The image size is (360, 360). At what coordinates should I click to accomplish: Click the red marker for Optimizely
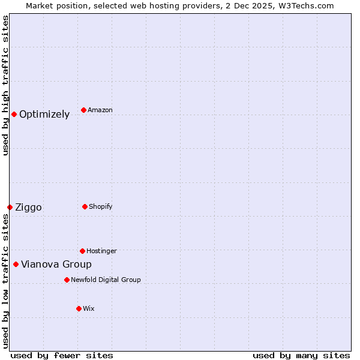pyautogui.click(x=14, y=114)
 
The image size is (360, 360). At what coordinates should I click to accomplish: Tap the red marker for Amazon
pyautogui.click(x=83, y=110)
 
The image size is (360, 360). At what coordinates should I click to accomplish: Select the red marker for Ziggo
pyautogui.click(x=10, y=207)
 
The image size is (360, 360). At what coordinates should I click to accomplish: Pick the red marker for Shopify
pyautogui.click(x=85, y=206)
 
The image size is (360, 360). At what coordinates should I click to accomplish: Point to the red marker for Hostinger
pyautogui.click(x=82, y=251)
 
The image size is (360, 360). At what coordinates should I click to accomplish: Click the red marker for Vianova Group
pyautogui.click(x=16, y=264)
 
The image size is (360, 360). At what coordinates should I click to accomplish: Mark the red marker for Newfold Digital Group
pyautogui.click(x=67, y=280)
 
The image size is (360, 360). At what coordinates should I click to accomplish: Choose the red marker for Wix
pyautogui.click(x=79, y=308)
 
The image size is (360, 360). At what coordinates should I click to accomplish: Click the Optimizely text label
pyautogui.click(x=44, y=115)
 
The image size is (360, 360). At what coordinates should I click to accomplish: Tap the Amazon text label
pyautogui.click(x=100, y=110)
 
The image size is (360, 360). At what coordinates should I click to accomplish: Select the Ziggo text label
pyautogui.click(x=28, y=208)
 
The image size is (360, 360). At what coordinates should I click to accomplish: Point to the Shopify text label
pyautogui.click(x=101, y=207)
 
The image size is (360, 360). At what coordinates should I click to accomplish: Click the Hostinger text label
pyautogui.click(x=101, y=251)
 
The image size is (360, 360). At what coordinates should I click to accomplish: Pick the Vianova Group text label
pyautogui.click(x=56, y=265)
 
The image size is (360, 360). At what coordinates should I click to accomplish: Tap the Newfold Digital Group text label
pyautogui.click(x=106, y=280)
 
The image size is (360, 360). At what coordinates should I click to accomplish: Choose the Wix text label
pyautogui.click(x=89, y=309)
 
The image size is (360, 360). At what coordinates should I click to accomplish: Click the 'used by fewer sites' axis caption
pyautogui.click(x=62, y=355)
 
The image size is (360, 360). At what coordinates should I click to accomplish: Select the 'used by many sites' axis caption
pyautogui.click(x=301, y=355)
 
